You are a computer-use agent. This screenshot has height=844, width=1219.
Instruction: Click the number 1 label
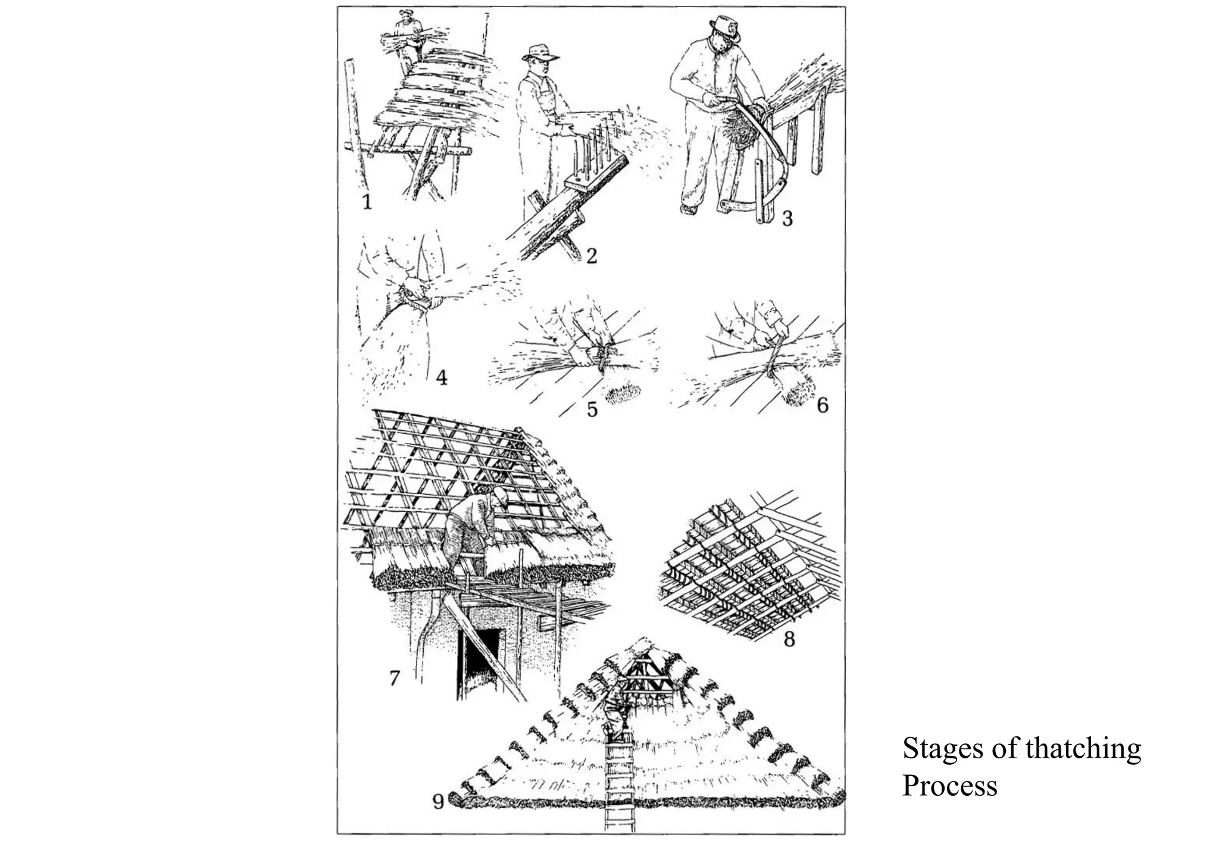[367, 202]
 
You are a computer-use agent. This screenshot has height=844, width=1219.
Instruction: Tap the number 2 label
[590, 255]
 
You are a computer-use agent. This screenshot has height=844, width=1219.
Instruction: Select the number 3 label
[787, 218]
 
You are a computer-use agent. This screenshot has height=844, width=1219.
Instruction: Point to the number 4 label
[441, 377]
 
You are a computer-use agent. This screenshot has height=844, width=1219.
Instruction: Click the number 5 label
[592, 410]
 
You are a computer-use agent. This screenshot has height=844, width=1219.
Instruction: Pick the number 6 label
[822, 405]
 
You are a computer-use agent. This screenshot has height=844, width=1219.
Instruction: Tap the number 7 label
[394, 677]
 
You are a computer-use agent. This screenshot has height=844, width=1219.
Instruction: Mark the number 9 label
[438, 802]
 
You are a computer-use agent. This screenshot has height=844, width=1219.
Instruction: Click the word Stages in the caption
[942, 748]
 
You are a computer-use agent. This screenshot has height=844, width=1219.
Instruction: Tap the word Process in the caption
[949, 786]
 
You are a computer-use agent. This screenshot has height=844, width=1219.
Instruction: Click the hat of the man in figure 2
[540, 52]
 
